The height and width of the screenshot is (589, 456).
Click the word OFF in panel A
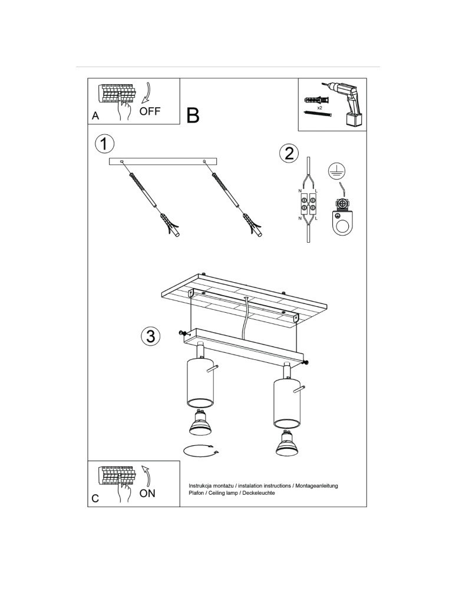click(150, 111)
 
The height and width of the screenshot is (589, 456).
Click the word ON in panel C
click(147, 493)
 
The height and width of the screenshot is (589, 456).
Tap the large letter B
click(193, 115)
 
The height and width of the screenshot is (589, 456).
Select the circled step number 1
click(104, 144)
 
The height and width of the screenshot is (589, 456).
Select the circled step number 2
click(289, 154)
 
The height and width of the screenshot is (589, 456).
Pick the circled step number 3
click(151, 336)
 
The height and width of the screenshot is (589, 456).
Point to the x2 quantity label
click(320, 107)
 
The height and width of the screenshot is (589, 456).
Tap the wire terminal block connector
click(308, 203)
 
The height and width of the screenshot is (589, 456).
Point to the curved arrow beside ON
click(147, 475)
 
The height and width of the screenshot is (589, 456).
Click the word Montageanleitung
click(316, 486)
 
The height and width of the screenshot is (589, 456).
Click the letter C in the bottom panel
click(95, 498)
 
